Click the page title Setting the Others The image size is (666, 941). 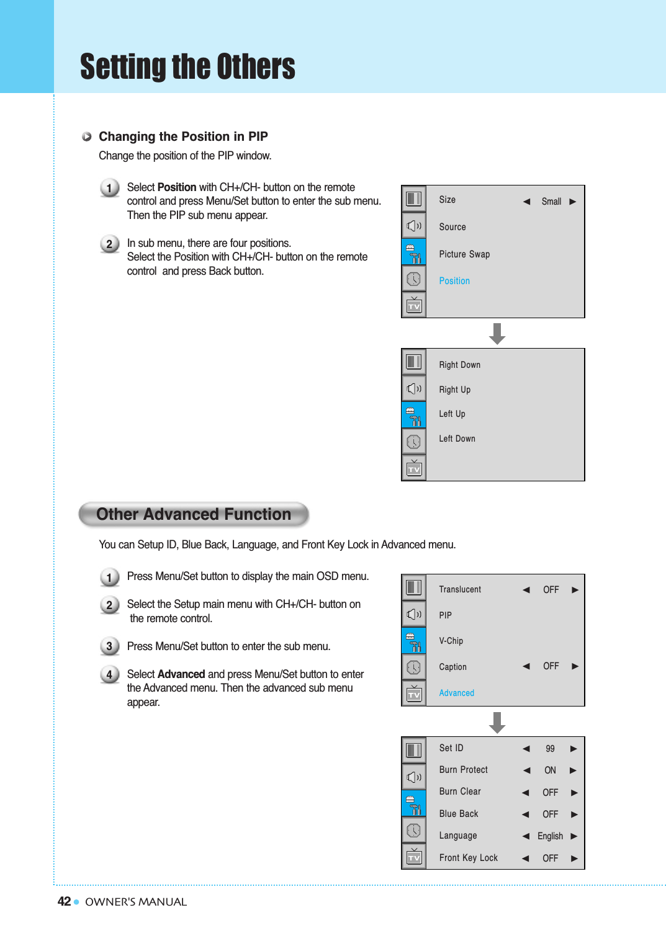[187, 67]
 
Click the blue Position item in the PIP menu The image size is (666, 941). [454, 281]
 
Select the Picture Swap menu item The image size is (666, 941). [464, 254]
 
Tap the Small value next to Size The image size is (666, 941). [551, 202]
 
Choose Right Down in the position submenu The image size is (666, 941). [459, 365]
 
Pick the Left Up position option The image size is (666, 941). [452, 414]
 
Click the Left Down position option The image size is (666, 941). [457, 439]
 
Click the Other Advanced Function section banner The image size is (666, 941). [194, 514]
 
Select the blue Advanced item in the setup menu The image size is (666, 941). [456, 693]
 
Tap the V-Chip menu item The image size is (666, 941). [451, 641]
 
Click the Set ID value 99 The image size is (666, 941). [550, 749]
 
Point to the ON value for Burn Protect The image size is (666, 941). [550, 770]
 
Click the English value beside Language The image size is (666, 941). [550, 836]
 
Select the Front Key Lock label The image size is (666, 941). [468, 858]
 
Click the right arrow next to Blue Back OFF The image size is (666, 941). [574, 814]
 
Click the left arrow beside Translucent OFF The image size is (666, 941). [526, 590]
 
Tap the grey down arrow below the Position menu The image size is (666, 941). [497, 334]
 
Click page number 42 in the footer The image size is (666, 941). [64, 901]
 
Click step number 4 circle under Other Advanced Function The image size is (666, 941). [109, 674]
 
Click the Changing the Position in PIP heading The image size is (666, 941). [183, 136]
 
